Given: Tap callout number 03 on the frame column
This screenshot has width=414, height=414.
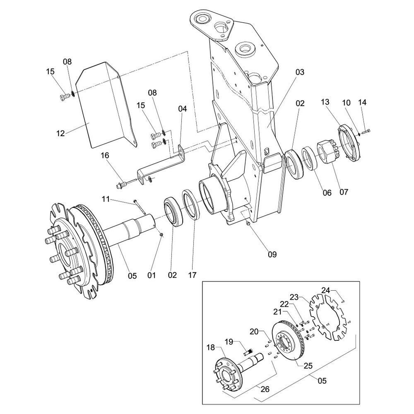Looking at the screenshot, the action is [x=300, y=72].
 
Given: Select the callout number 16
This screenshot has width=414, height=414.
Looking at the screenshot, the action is [x=105, y=155].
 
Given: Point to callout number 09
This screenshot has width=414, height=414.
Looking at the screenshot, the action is [x=272, y=254].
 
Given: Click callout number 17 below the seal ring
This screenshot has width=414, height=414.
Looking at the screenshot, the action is [x=193, y=275].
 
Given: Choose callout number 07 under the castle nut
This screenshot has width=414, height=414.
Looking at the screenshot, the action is [x=344, y=192].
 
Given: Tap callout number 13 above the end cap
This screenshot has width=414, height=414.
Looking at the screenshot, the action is [x=325, y=102].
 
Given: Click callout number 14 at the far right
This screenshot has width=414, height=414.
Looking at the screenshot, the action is [x=363, y=102].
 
